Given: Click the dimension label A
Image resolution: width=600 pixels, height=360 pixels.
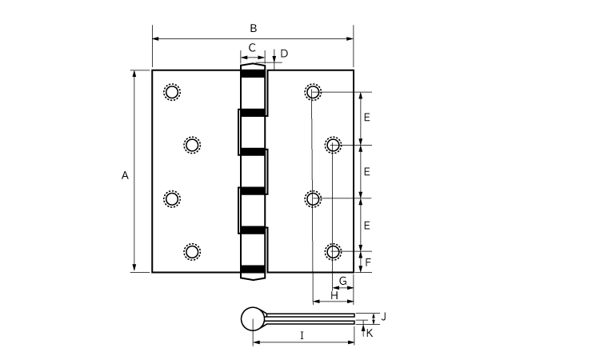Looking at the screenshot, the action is coord(125,176).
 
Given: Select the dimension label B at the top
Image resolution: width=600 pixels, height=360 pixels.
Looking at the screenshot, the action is coord(254,28).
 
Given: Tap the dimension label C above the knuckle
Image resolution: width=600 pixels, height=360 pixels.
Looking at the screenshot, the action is coord(252,48).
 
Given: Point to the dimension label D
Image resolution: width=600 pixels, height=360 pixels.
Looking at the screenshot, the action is coord(284,54).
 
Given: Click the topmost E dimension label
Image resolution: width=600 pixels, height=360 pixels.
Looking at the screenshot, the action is coord(366,118).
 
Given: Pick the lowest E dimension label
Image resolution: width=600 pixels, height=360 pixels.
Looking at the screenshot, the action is coord(366,226).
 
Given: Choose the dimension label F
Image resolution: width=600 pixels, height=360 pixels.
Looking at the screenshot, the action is coord(368,262).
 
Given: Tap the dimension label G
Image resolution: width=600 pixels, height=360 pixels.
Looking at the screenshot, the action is coord(343,281).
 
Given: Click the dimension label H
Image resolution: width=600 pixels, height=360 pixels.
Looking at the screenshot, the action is coord(334,295).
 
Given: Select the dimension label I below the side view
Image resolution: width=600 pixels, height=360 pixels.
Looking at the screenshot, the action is coord(302,336).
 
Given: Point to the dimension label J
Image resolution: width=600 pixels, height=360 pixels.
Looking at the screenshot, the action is coord(384,317).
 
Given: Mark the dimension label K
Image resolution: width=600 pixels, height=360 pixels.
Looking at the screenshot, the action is coord(370,334).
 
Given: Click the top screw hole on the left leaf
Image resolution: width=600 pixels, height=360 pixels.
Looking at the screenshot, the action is coord(172,92).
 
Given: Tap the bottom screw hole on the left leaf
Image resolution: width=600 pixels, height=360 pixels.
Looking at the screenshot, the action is coord(192,252).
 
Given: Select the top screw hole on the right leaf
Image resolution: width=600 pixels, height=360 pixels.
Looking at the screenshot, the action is coord(313,92).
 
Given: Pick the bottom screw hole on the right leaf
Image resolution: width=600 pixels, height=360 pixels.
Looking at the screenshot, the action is coord(333,252).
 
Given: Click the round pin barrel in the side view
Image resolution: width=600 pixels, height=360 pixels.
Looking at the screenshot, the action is coord(253,318).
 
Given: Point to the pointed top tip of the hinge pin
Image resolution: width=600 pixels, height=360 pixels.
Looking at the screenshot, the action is coord(253,63).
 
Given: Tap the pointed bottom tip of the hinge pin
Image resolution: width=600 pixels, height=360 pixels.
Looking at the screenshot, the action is coord(253,280).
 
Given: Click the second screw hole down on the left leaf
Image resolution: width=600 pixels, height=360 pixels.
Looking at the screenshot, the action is coord(192,146).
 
